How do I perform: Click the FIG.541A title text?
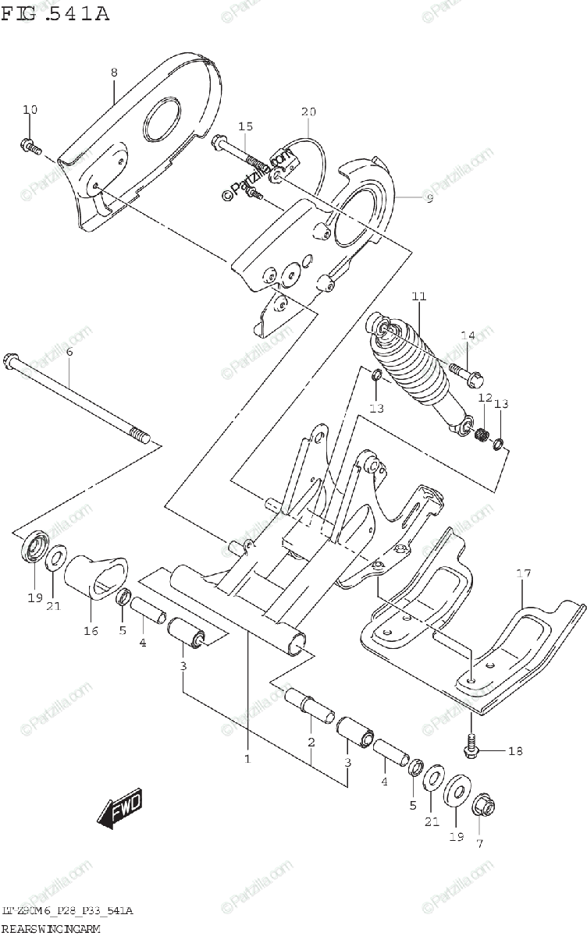(x=55, y=13)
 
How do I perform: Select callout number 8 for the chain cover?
(x=114, y=73)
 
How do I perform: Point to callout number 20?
(x=308, y=112)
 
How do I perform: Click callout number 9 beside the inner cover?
(x=429, y=199)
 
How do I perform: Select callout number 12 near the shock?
(x=485, y=399)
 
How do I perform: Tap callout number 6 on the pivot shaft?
(x=69, y=353)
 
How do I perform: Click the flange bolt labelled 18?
(x=471, y=744)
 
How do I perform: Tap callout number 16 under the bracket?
(x=91, y=630)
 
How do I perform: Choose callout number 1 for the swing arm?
(x=247, y=758)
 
